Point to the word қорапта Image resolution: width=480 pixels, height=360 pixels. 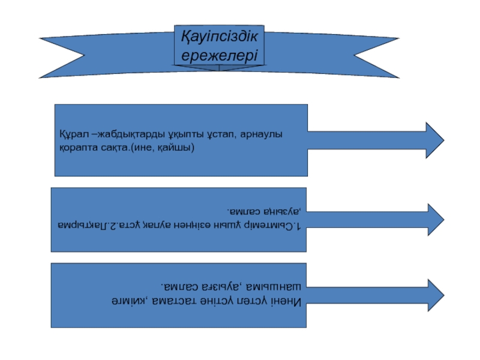(76, 146)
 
